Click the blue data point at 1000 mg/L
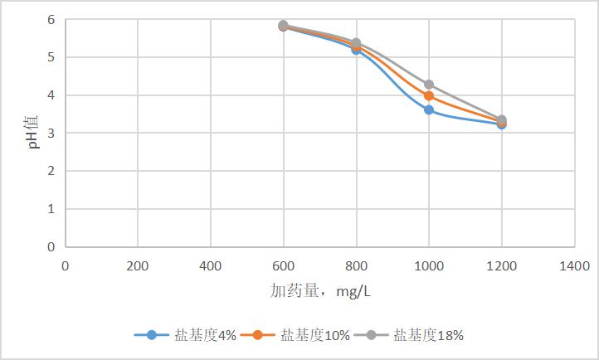pyautogui.click(x=429, y=109)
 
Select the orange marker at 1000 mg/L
pyautogui.click(x=429, y=96)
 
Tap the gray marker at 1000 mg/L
pyautogui.click(x=429, y=85)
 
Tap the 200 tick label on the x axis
pyautogui.click(x=138, y=265)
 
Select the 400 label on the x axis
pyautogui.click(x=211, y=265)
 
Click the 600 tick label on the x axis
pyautogui.click(x=284, y=265)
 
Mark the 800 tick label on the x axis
pyautogui.click(x=356, y=265)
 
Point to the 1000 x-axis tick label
pyautogui.click(x=429, y=265)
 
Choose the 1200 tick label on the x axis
pyautogui.click(x=502, y=265)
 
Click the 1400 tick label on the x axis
pyautogui.click(x=574, y=265)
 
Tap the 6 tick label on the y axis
pyautogui.click(x=51, y=20)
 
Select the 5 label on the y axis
pyautogui.click(x=51, y=57)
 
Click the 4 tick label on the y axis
pyautogui.click(x=51, y=95)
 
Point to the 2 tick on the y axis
pyautogui.click(x=51, y=171)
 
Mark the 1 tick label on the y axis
pyautogui.click(x=51, y=209)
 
